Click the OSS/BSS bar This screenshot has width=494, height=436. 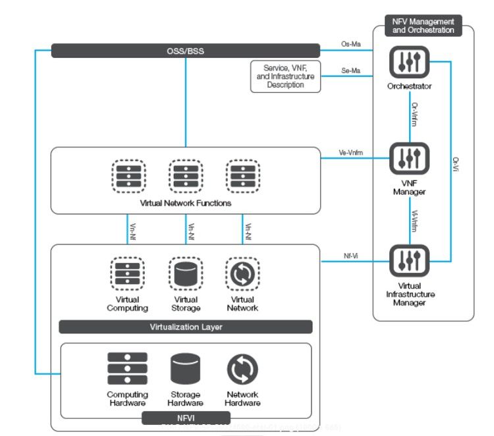click(x=186, y=51)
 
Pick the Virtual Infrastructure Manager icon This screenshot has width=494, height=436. click(x=409, y=261)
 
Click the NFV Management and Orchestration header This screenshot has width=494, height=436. click(x=424, y=26)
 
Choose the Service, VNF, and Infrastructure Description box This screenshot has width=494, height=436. click(x=286, y=76)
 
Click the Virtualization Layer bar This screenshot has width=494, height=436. click(x=186, y=327)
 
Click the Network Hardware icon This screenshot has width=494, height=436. click(x=242, y=369)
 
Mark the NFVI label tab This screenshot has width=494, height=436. click(x=186, y=418)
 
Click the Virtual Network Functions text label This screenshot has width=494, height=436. click(x=186, y=203)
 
